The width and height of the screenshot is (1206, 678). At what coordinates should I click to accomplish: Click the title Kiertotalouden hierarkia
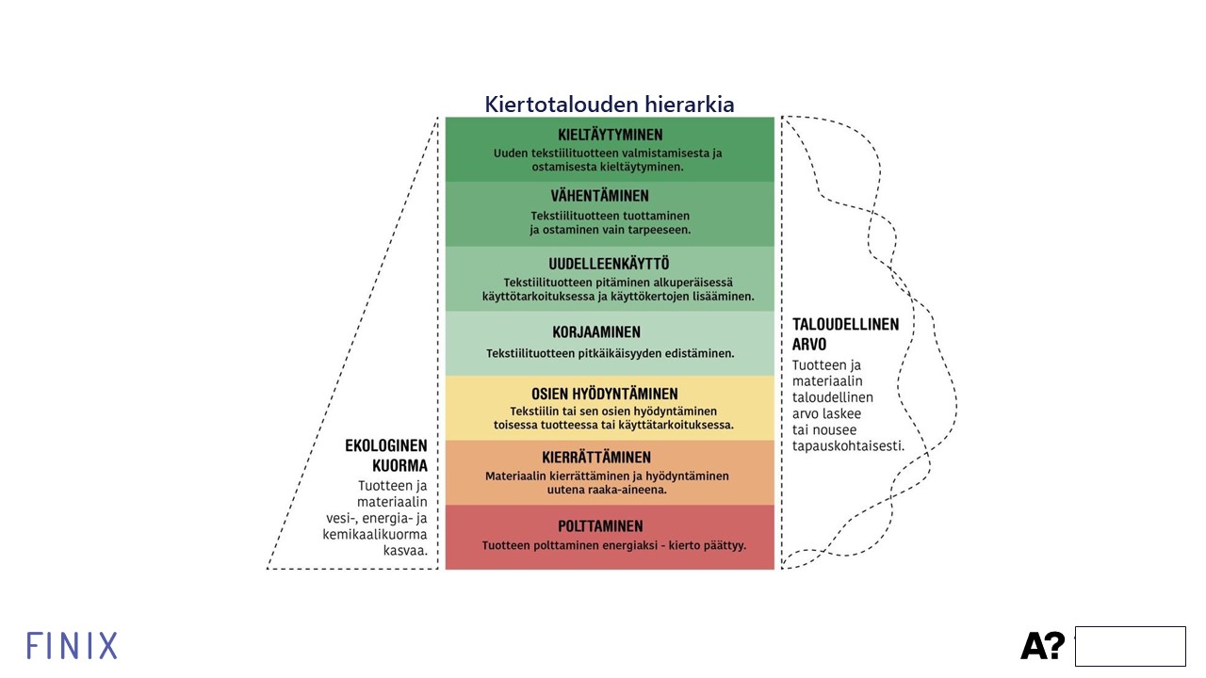610,105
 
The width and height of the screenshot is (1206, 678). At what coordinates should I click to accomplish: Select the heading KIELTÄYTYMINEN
610,135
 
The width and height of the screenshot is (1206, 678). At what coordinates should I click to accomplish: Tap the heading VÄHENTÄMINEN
600,196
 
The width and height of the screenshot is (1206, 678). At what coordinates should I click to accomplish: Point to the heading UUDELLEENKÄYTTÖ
609,264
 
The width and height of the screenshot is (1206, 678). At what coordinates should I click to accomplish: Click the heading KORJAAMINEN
596,332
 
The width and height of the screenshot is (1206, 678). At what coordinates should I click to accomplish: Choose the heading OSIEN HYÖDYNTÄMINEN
605,394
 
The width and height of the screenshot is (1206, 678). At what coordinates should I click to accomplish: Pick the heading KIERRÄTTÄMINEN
596,458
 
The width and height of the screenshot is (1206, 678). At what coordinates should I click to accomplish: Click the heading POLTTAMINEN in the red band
600,525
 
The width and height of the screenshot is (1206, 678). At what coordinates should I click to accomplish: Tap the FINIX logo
72,646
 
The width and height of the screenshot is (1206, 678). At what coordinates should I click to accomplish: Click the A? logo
1043,646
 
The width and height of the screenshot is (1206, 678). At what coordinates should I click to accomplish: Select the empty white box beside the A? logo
1130,646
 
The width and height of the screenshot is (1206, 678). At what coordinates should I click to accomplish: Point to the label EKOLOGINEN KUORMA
386,455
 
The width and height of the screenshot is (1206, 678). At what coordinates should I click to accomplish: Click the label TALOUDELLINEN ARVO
845,334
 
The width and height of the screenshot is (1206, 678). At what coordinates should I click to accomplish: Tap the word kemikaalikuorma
375,534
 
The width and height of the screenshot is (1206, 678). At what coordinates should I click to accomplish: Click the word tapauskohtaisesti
848,446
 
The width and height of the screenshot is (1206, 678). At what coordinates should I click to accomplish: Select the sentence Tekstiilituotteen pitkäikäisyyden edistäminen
610,353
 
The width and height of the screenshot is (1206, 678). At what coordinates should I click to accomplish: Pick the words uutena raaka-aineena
607,490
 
